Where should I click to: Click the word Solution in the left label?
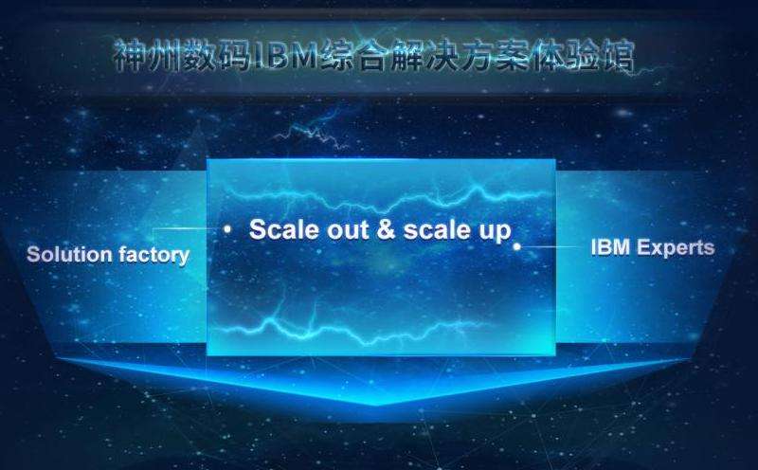point(69,254)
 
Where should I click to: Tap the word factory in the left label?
point(154,255)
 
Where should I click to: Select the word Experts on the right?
point(676,247)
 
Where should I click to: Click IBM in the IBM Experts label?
point(610,247)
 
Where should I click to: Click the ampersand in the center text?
point(386,228)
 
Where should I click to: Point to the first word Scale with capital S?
point(284,228)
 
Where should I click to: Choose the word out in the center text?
point(348,229)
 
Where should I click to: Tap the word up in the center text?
point(495,231)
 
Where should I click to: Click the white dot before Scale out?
point(227,229)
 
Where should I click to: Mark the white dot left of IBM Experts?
point(516,246)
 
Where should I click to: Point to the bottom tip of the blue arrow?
point(376,406)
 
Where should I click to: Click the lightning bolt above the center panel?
point(312,130)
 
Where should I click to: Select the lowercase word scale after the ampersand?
point(437,229)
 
